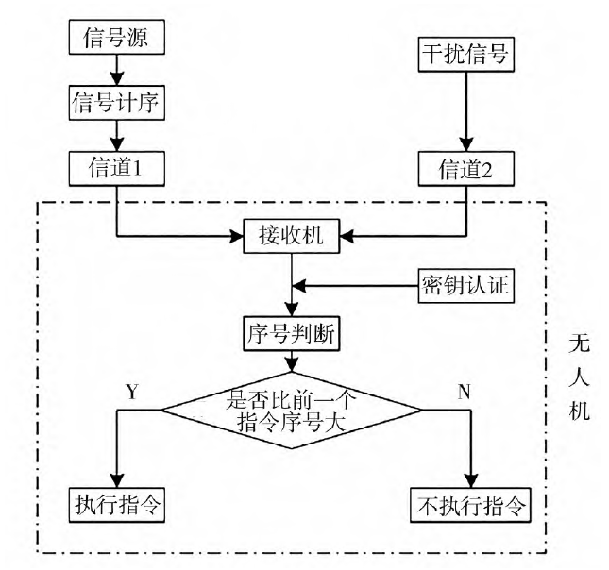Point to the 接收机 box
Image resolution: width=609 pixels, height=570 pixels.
293,236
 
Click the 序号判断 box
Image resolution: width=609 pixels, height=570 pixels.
293,333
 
